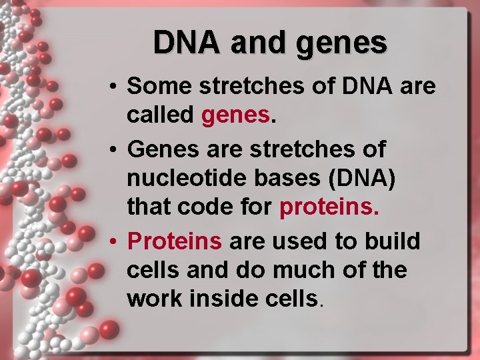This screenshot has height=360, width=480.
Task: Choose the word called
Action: (159, 115)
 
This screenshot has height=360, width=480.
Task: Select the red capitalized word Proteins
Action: (174, 241)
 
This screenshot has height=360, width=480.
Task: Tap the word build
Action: (393, 241)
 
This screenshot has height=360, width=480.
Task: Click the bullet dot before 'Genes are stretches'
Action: (115, 149)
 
